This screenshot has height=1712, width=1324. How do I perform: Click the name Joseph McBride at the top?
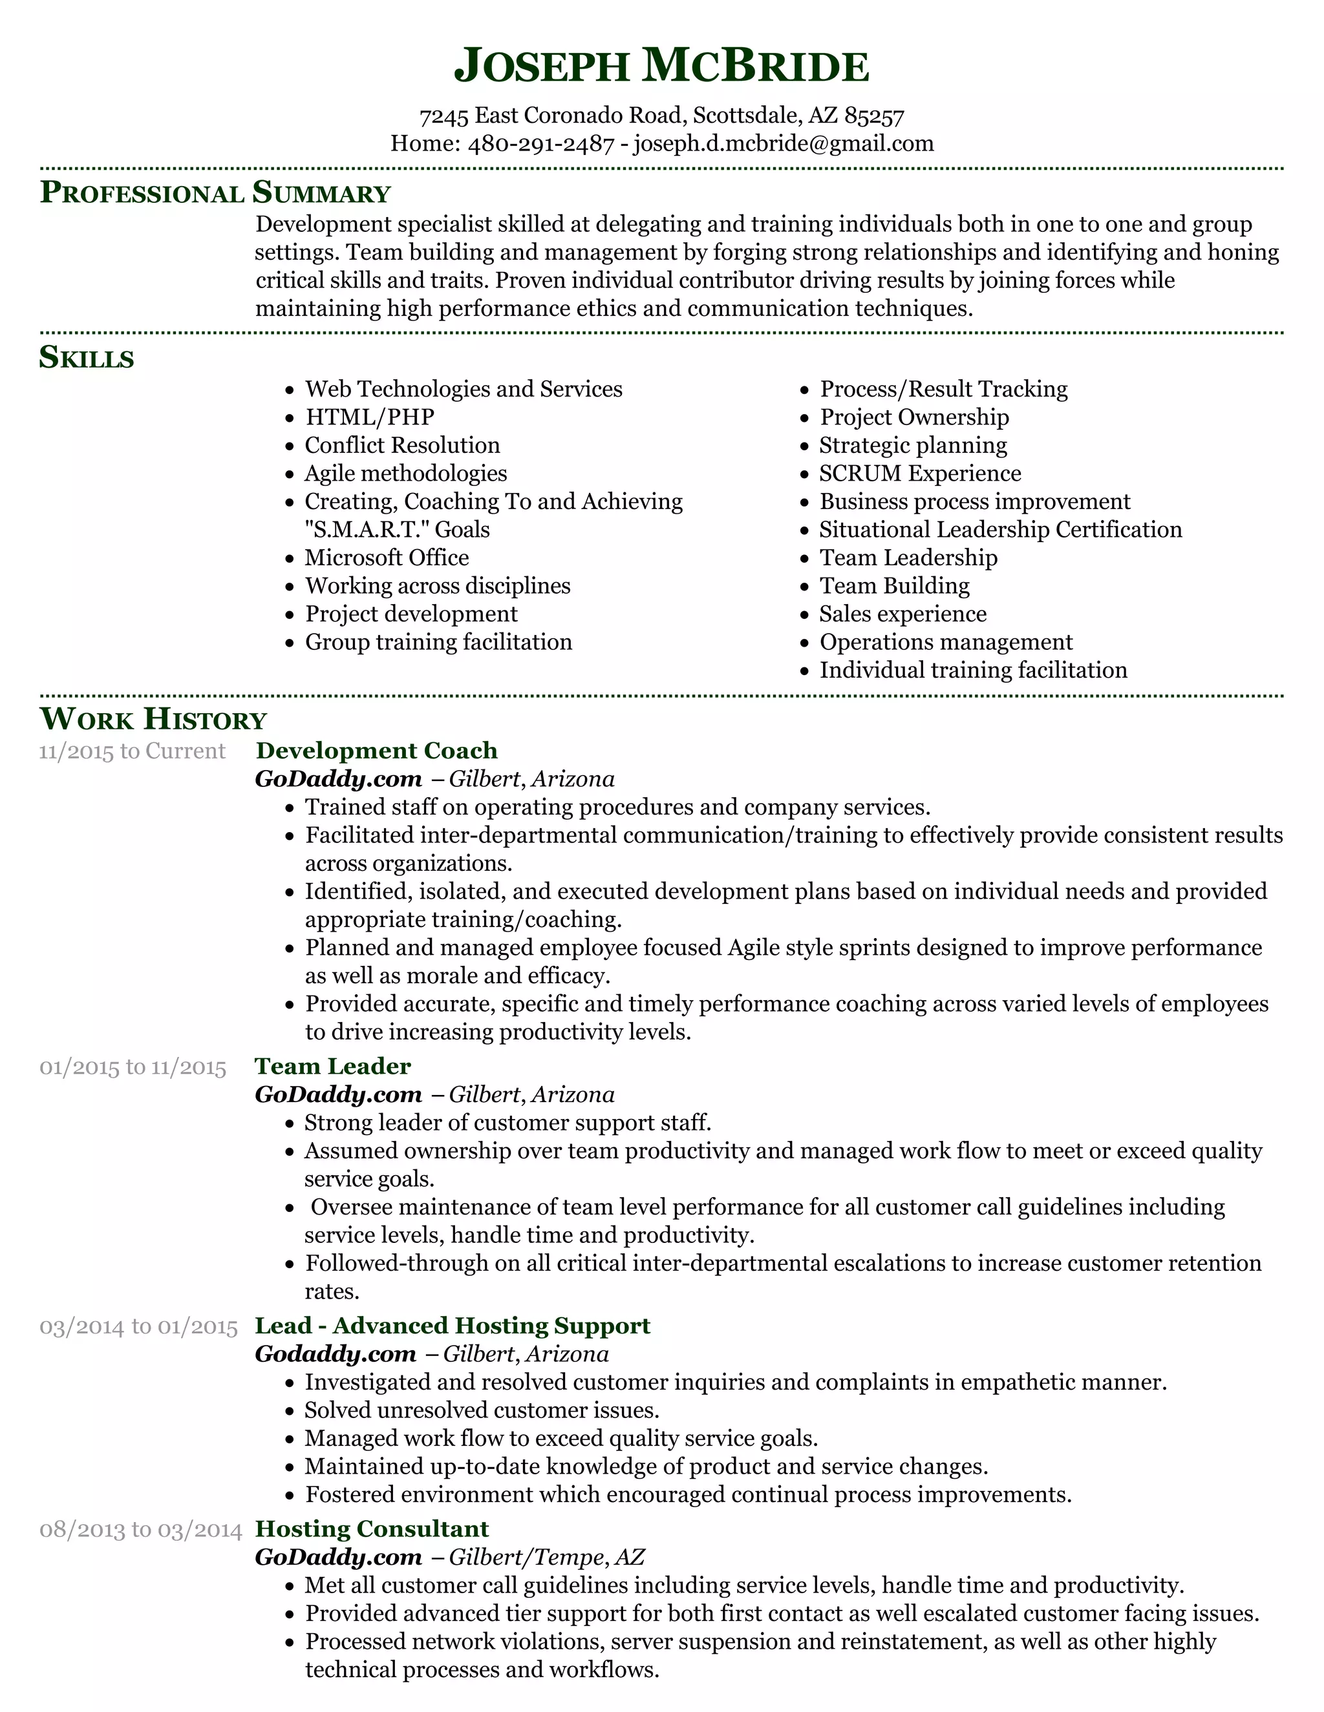tap(661, 66)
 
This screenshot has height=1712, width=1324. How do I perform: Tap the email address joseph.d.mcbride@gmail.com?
tap(783, 143)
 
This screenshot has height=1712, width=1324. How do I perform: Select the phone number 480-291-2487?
tap(540, 143)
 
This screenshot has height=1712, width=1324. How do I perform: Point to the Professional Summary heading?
tap(215, 192)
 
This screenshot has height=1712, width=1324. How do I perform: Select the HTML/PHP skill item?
tap(368, 417)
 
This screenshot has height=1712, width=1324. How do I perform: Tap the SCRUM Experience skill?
tap(919, 474)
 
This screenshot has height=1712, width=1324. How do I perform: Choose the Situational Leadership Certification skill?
tap(1000, 530)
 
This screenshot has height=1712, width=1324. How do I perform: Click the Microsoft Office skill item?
tap(386, 558)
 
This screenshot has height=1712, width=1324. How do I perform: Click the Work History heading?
tap(153, 719)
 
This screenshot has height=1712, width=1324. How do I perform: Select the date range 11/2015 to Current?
tap(132, 751)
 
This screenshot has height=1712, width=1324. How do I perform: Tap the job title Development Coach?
tap(376, 751)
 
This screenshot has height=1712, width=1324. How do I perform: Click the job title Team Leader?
tap(332, 1066)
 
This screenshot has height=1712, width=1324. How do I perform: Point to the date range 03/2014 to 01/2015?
tap(138, 1326)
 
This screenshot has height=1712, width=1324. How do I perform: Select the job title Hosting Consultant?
tap(372, 1529)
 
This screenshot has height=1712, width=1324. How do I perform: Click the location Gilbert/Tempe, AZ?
tap(547, 1557)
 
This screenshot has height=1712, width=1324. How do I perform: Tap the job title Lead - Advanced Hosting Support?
tap(453, 1326)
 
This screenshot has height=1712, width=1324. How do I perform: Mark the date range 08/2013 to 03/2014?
tap(140, 1529)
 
